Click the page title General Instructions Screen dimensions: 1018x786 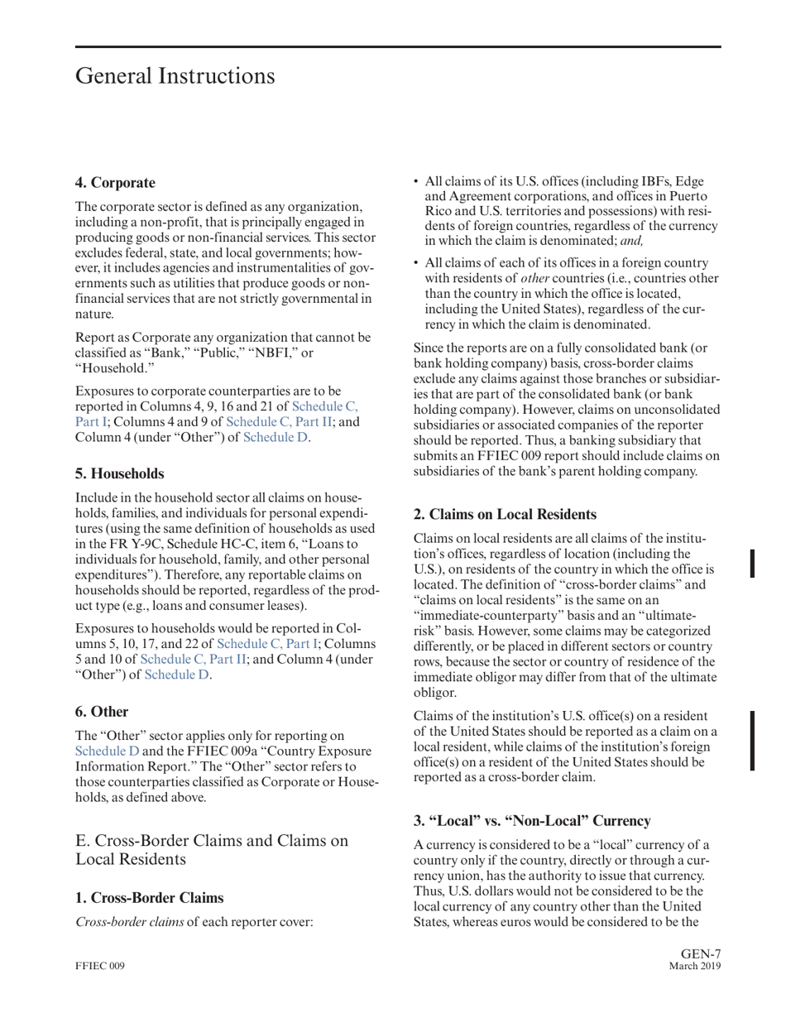point(175,76)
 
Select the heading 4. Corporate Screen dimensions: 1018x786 point(114,182)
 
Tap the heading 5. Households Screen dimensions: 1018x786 point(120,473)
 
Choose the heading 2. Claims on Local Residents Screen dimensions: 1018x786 point(505,514)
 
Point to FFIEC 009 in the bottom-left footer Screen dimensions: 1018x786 point(99,966)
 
